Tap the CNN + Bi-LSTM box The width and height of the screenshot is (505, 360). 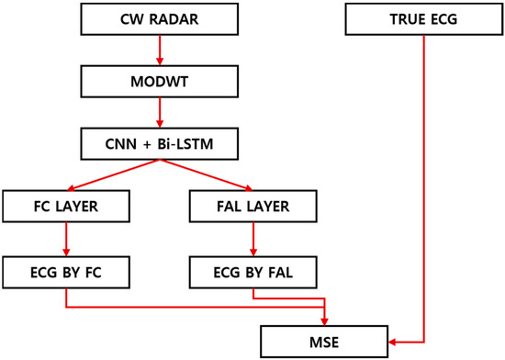161,143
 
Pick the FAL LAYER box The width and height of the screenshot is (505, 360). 253,207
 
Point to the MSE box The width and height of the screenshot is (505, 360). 326,342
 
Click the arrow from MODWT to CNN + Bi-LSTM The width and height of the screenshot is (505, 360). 161,112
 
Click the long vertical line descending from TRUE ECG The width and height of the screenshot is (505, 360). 423,184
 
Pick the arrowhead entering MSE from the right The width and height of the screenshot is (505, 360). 394,342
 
